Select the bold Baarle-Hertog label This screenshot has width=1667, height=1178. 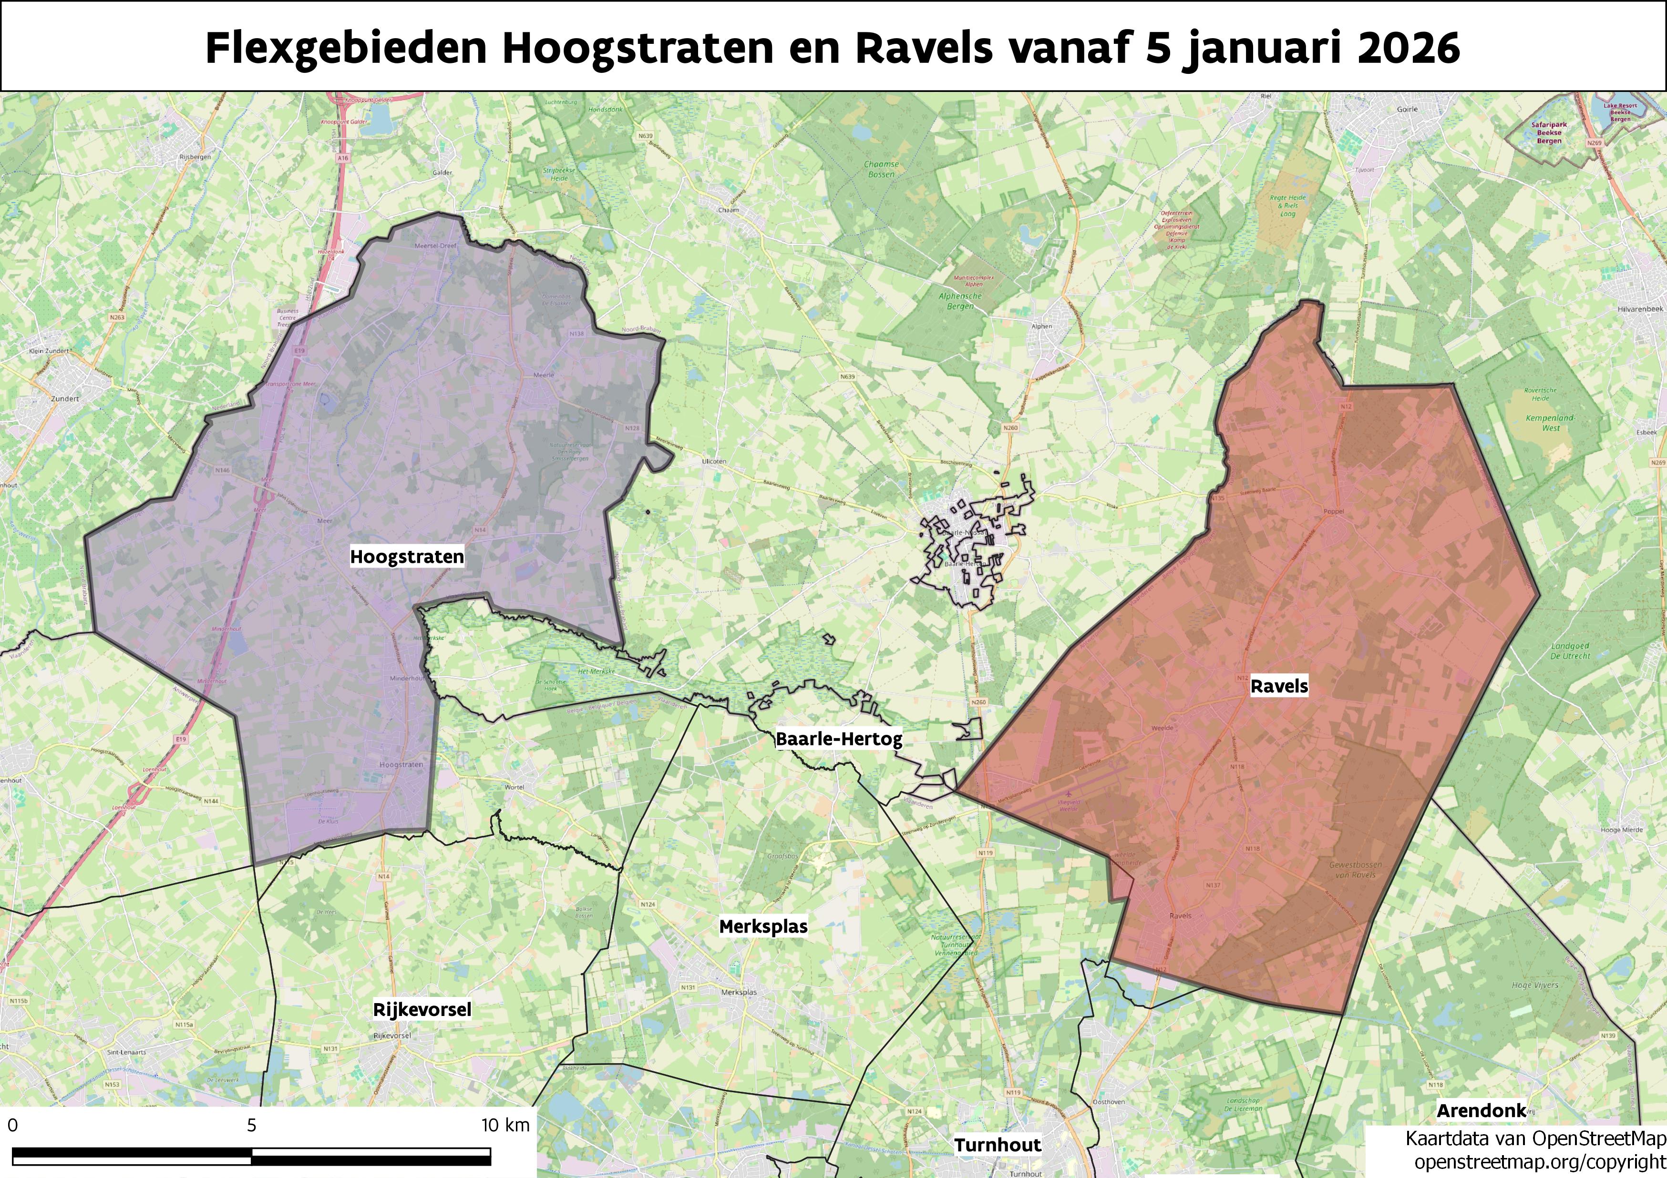click(x=839, y=739)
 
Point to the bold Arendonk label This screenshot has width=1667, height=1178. click(x=1481, y=1110)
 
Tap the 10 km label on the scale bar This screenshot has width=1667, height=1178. click(x=506, y=1125)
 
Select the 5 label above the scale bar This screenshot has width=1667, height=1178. click(x=251, y=1125)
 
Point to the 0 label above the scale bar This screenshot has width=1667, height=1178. click(x=12, y=1125)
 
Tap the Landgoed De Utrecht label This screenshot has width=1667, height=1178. click(x=1570, y=650)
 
